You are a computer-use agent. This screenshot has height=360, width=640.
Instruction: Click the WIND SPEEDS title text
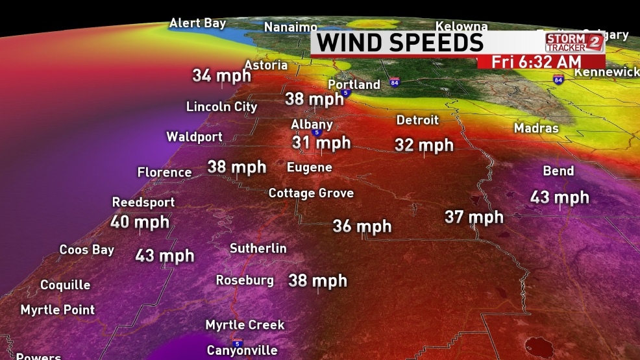pos(400,43)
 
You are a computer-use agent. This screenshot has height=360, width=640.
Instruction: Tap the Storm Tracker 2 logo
pos(574,43)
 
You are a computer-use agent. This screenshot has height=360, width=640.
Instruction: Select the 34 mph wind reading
pos(221,75)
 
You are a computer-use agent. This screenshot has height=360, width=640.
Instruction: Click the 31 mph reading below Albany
pos(321,143)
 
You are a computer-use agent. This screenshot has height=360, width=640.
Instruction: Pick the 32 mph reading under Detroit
pos(424,145)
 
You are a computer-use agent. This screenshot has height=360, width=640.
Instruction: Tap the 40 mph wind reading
pos(140,222)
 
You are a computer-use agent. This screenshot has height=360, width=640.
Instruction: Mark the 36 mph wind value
pos(362,226)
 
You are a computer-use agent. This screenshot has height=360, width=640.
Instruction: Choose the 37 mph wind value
pos(474,217)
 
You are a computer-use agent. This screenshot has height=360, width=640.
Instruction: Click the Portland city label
pos(354,85)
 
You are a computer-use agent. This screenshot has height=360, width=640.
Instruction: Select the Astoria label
pos(265,65)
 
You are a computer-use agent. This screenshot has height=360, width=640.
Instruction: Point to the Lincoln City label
pos(221,106)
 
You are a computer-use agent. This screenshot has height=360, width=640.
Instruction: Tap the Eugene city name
pos(310,167)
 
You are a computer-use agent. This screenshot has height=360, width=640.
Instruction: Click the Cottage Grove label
pos(311,193)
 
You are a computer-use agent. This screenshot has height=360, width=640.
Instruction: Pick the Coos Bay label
pos(86,250)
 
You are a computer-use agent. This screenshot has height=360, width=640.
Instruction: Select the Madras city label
pos(536,128)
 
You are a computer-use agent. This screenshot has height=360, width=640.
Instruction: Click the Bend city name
pos(558,171)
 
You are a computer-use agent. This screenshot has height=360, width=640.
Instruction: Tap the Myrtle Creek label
pos(245,324)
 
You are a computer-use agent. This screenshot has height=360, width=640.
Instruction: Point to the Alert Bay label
pos(197,23)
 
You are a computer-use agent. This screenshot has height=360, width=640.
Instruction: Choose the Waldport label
pos(194,137)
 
